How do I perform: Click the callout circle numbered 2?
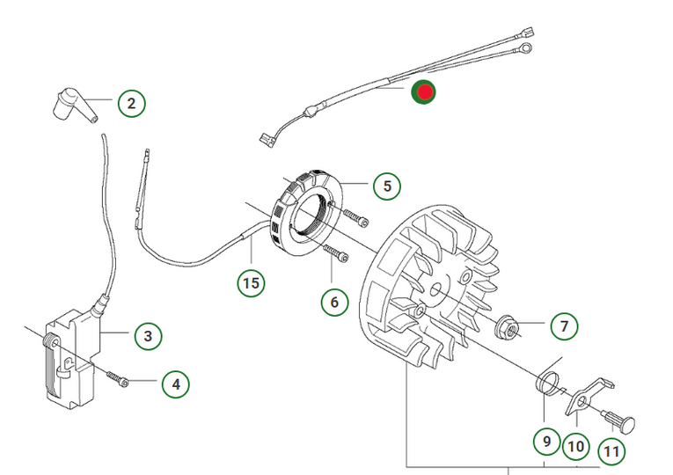(x=131, y=105)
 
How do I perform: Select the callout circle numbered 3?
(x=148, y=335)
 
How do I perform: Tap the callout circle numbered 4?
(x=175, y=384)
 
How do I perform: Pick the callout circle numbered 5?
(x=386, y=186)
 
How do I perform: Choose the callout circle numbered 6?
(x=334, y=302)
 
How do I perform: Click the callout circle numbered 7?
(x=564, y=325)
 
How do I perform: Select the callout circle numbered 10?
(x=575, y=446)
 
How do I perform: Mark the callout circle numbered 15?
(x=251, y=282)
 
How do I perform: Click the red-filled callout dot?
(x=425, y=91)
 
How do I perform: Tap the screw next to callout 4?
(x=118, y=379)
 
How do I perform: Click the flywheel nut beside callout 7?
(x=508, y=326)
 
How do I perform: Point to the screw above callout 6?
(x=337, y=253)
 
